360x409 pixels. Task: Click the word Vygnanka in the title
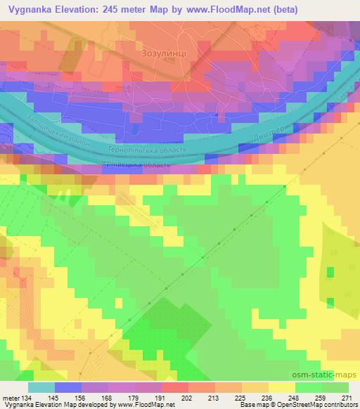click(30, 10)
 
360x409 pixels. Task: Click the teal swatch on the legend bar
click(41, 387)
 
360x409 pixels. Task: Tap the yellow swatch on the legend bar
click(282, 387)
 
